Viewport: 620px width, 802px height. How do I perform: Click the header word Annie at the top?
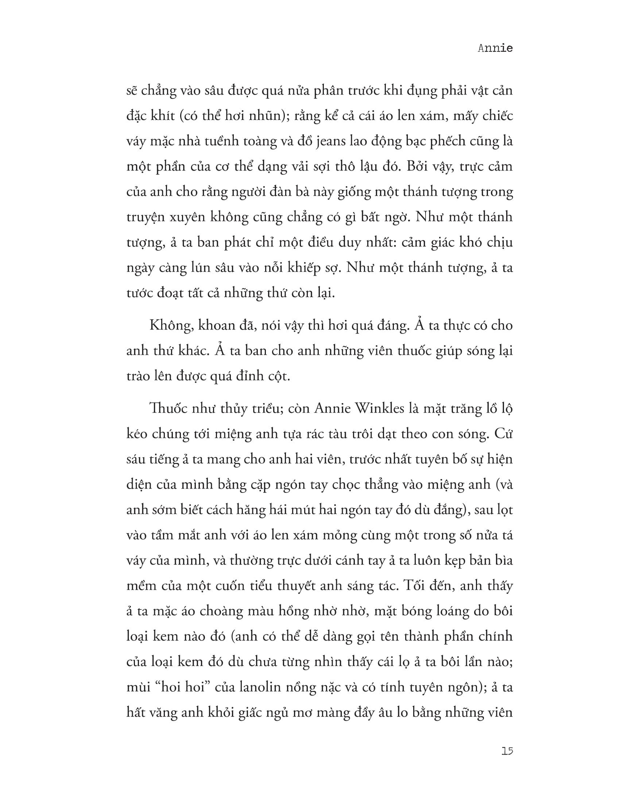coord(495,48)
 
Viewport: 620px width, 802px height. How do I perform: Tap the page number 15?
coord(507,751)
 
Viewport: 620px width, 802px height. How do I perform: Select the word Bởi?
coord(418,166)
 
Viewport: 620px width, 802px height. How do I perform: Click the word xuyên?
coord(187,217)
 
